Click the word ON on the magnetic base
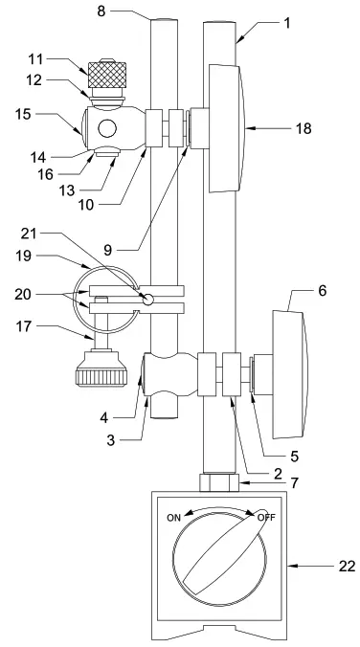click(174, 518)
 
